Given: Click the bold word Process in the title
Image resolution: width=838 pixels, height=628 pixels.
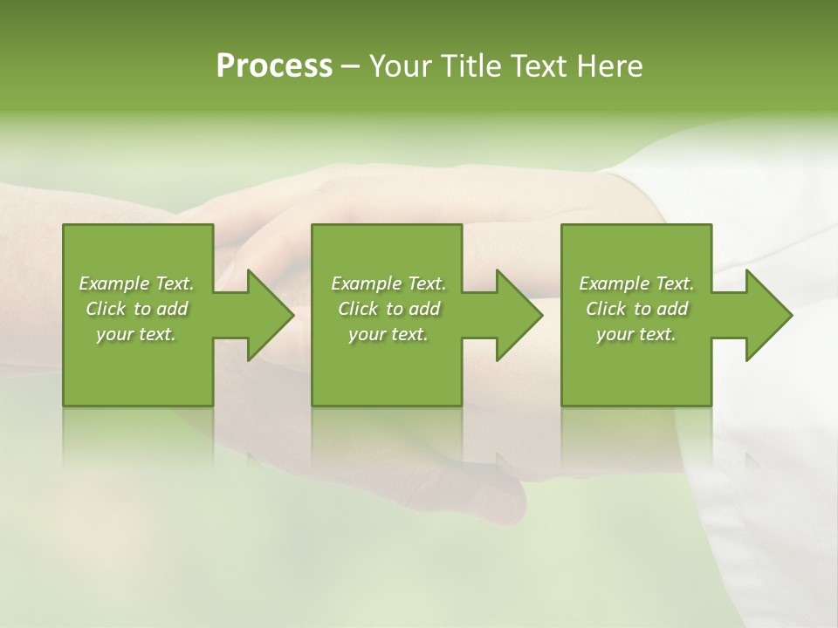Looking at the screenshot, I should [x=274, y=66].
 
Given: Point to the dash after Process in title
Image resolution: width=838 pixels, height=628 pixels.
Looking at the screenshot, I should [x=351, y=67].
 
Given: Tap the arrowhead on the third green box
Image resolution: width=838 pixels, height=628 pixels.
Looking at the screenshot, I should [x=767, y=315].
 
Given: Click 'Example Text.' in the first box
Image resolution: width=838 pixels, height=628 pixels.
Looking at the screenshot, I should [x=136, y=283].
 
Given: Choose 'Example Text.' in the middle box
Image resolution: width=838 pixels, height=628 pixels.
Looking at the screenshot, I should [x=388, y=283].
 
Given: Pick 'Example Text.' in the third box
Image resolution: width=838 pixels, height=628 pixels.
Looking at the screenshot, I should [x=636, y=283].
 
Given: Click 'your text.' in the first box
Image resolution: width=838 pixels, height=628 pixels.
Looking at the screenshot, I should [x=136, y=334].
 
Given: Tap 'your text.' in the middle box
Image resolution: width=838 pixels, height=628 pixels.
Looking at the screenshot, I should [x=388, y=334].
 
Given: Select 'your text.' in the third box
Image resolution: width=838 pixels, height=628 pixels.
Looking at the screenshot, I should [x=636, y=334].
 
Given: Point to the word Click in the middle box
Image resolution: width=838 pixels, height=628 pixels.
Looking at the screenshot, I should [x=358, y=309].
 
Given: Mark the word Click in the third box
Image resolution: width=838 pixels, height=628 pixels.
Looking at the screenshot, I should [x=606, y=309].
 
